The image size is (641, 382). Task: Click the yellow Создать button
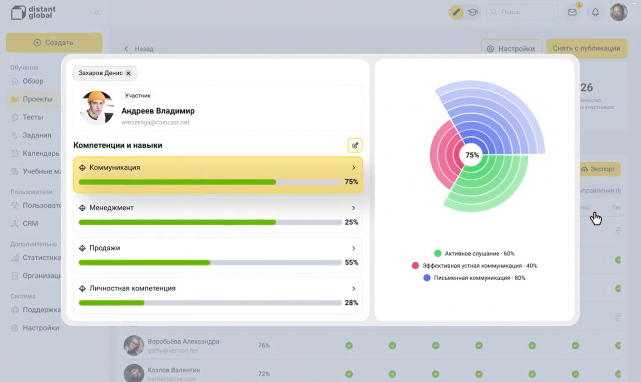coord(54,42)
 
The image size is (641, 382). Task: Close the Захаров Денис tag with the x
coord(128,73)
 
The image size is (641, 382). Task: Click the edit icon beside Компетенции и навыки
coord(355,145)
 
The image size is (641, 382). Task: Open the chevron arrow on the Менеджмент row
coord(353,208)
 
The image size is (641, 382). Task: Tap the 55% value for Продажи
coord(351,262)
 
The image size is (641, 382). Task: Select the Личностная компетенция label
coord(132,288)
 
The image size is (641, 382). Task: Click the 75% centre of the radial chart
coord(472,155)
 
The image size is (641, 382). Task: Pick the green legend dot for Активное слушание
coord(437,253)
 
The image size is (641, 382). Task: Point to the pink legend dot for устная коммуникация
coord(415,266)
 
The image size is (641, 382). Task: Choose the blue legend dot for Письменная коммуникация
coord(427,278)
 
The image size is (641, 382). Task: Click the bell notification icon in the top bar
coord(595,12)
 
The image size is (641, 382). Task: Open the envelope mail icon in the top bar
coord(572,12)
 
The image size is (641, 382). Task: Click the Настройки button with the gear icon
coord(511,48)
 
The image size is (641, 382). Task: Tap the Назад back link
coord(139,49)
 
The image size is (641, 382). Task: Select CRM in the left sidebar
coord(30,224)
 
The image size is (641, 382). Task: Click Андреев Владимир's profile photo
coord(97,108)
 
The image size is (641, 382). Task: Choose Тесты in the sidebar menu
coord(32,117)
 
